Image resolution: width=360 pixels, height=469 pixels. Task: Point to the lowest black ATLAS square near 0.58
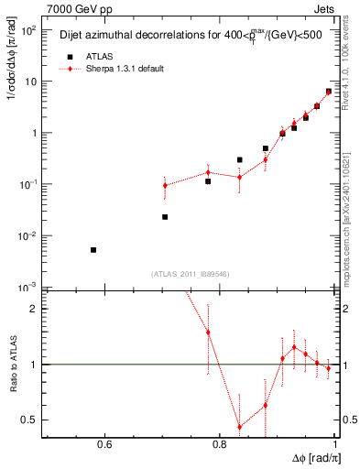[93, 250]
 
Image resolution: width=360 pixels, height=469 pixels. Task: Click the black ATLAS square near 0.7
[165, 217]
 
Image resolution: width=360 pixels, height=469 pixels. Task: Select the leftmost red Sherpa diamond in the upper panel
[165, 185]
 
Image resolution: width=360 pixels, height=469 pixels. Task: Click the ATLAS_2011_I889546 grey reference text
[190, 274]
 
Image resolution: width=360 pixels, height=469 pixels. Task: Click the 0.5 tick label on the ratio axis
[30, 420]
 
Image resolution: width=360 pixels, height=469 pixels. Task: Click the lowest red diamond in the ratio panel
[239, 427]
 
